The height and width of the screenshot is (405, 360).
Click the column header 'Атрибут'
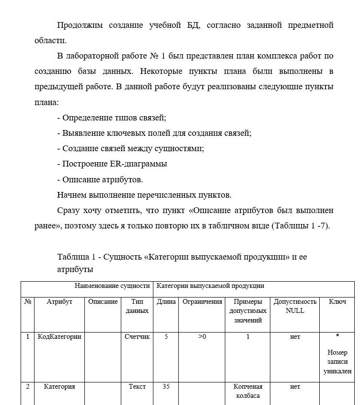[x=59, y=302]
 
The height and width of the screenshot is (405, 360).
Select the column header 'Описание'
[x=103, y=302]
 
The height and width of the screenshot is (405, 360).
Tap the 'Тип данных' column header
[x=137, y=306]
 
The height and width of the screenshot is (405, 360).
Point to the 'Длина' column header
[x=166, y=302]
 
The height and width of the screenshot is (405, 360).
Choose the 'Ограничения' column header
[x=202, y=302]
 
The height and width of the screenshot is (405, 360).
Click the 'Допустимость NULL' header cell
[x=295, y=306]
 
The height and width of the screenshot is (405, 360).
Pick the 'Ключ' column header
[x=337, y=302]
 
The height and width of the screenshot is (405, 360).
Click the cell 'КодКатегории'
[x=59, y=337]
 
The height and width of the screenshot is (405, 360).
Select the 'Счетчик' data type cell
[x=137, y=337]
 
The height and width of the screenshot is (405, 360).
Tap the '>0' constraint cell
[x=202, y=337]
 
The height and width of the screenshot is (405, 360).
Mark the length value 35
[x=166, y=386]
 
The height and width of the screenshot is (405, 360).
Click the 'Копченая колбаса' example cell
[x=247, y=391]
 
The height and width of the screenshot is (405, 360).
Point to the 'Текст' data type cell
[x=137, y=386]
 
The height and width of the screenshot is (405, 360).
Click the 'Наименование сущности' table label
[x=112, y=286]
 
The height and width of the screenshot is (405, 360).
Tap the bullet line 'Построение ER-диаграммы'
[x=115, y=164]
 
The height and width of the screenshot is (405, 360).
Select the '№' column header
[x=28, y=302]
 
